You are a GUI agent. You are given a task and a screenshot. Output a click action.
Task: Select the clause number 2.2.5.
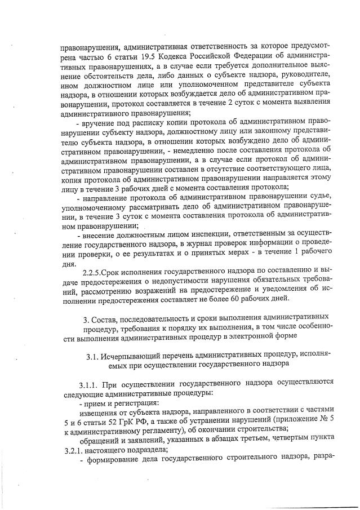coord(92,274)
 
